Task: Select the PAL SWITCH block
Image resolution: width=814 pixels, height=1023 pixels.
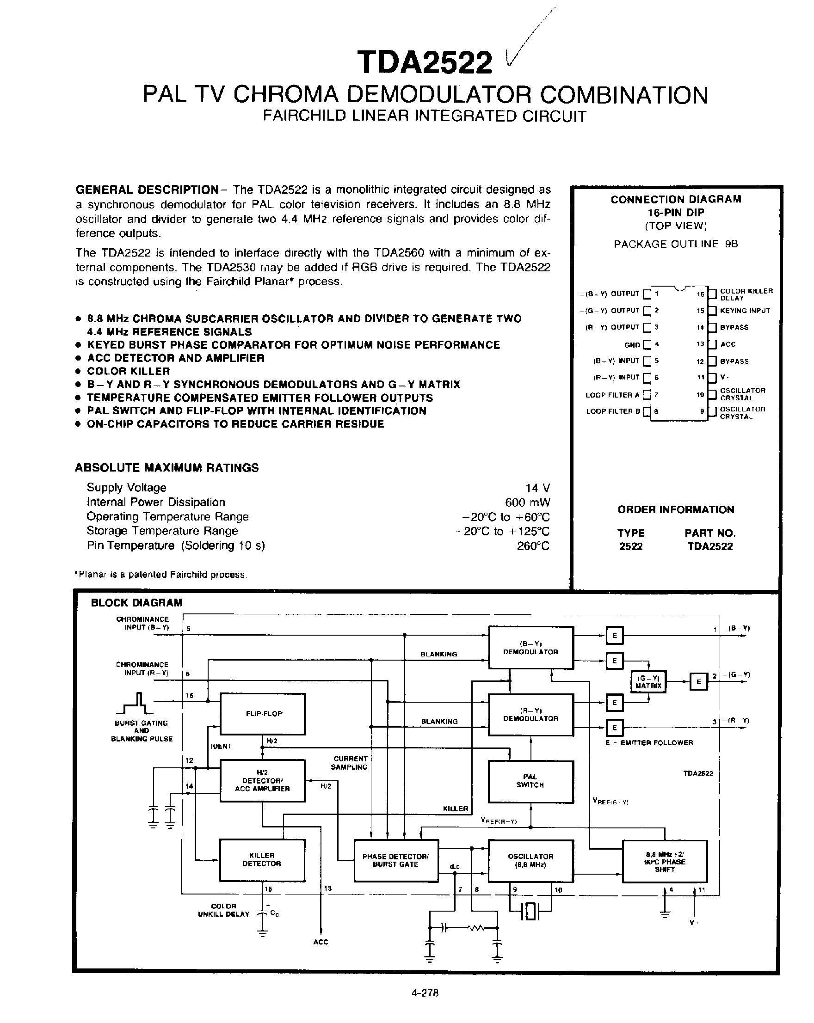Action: (x=530, y=781)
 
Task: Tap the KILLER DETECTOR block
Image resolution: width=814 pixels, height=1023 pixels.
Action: (x=261, y=860)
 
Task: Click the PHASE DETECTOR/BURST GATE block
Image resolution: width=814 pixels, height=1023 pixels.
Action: (x=396, y=860)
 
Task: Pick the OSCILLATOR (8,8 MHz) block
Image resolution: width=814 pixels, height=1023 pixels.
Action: (x=530, y=860)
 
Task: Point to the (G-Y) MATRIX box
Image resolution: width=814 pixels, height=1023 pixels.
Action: (x=648, y=682)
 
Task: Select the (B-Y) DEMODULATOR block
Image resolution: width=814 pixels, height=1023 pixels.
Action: (x=530, y=648)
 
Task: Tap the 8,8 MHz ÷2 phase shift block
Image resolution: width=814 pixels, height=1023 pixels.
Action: (x=664, y=862)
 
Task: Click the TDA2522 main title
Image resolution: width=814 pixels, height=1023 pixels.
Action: (x=425, y=62)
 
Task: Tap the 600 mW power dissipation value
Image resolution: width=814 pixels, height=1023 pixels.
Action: (x=527, y=502)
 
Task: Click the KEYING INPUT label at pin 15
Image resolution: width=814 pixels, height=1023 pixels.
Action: (x=745, y=311)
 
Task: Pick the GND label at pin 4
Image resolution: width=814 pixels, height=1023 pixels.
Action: (x=632, y=345)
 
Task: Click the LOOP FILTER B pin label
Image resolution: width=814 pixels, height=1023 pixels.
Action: (x=613, y=411)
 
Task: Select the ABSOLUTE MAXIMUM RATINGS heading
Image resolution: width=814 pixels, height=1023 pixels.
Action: (x=166, y=468)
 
